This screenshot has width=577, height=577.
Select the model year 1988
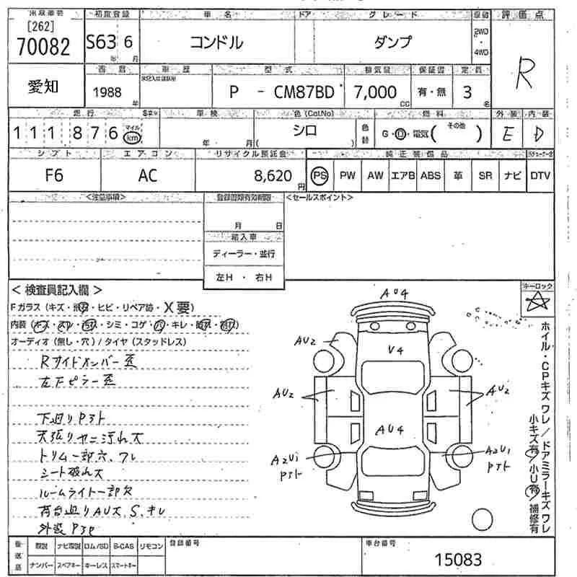click(107, 92)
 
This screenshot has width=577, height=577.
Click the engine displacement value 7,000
click(375, 92)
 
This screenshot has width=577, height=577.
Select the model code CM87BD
click(297, 92)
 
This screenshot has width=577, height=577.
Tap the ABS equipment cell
click(431, 175)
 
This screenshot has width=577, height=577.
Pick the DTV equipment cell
click(540, 175)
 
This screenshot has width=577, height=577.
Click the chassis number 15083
click(458, 560)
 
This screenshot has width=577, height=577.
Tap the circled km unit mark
click(132, 137)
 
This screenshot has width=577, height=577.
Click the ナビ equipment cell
click(513, 175)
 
